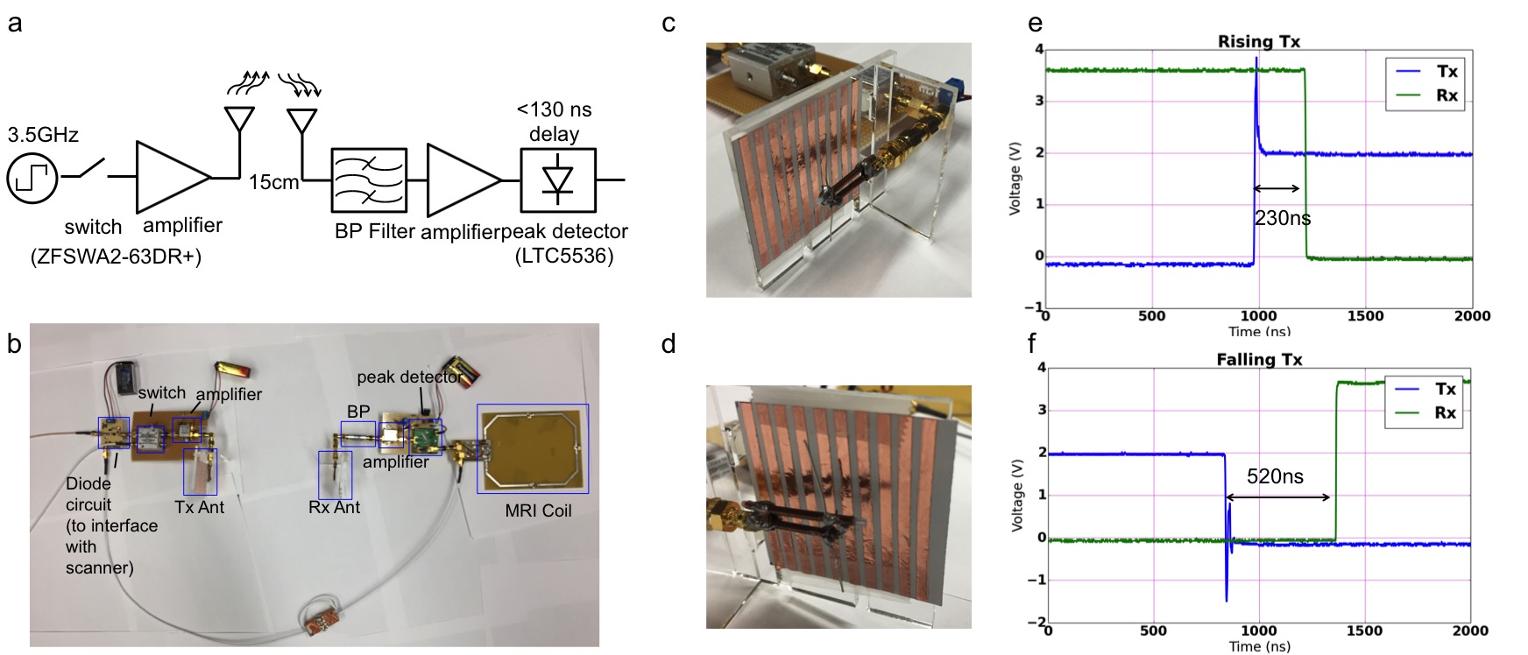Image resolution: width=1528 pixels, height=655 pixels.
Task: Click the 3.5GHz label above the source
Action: tap(43, 135)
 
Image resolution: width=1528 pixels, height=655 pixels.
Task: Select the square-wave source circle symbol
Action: tap(32, 179)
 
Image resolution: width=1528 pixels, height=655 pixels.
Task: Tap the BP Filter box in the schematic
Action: tap(369, 180)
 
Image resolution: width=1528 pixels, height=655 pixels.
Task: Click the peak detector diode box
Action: tap(558, 180)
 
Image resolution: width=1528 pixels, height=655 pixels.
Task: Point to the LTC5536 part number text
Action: tap(564, 256)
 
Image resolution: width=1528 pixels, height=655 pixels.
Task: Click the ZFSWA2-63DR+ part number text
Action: tap(116, 257)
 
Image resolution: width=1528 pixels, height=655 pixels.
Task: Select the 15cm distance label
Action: tap(273, 183)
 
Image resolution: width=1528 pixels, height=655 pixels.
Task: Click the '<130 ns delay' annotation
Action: tap(554, 122)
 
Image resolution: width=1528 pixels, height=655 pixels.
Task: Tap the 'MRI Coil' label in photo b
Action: tap(538, 511)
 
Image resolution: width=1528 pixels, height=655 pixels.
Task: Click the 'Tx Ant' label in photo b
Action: tap(200, 507)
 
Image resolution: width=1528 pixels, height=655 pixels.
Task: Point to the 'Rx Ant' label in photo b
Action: tap(334, 507)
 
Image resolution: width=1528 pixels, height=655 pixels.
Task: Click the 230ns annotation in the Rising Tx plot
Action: tap(1283, 218)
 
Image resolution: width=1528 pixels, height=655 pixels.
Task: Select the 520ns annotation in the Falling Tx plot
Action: tap(1275, 476)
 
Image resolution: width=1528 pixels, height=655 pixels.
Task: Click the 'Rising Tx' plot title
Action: tap(1258, 41)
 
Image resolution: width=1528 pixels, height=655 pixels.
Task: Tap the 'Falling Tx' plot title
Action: tap(1258, 359)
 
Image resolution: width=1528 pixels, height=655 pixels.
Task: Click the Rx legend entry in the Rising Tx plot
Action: tap(1446, 95)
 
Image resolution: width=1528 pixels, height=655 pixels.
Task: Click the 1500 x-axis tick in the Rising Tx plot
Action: tap(1365, 316)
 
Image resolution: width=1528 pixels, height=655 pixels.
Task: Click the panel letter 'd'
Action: tap(668, 344)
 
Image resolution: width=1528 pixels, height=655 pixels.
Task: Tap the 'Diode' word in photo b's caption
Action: tap(88, 483)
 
